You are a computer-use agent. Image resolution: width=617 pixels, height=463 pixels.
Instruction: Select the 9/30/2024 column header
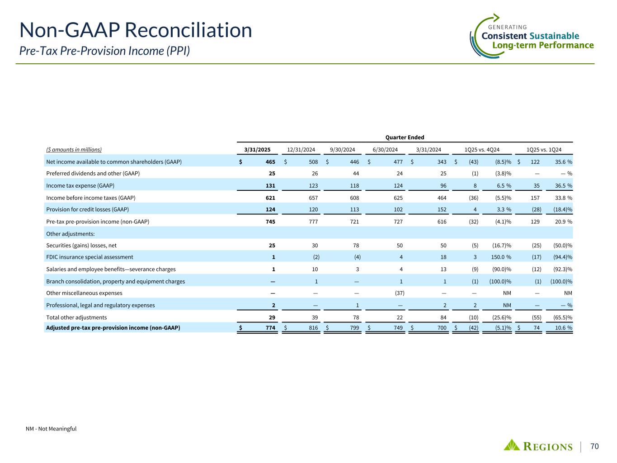coord(343,150)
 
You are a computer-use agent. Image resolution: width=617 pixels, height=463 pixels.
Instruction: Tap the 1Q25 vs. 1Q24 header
coord(544,150)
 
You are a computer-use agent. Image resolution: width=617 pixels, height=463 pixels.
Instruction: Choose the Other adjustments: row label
coord(70,233)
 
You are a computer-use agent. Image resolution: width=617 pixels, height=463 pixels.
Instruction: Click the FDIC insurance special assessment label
coord(89,257)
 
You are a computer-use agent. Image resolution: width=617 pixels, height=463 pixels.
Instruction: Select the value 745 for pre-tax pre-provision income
coord(270,222)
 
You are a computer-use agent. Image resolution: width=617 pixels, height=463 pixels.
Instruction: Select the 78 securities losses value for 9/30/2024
coord(356,246)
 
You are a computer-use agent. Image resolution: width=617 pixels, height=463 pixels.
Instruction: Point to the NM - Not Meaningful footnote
coord(51,429)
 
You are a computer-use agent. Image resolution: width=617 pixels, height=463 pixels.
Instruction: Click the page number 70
coord(594,447)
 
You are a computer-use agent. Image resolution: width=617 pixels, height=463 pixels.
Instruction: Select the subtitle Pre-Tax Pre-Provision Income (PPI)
coord(104,51)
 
